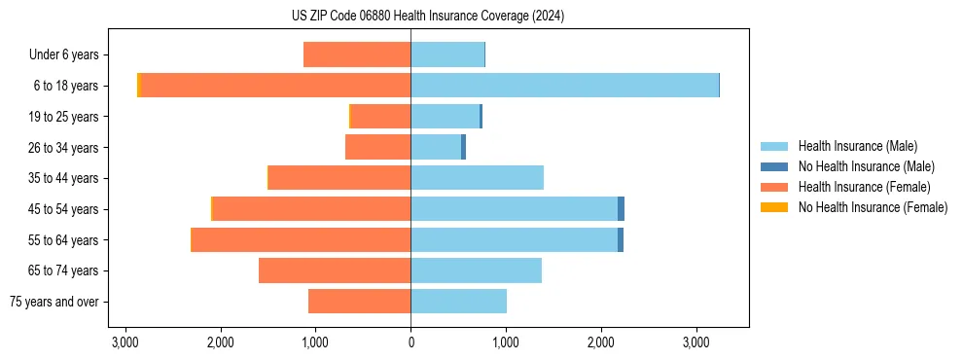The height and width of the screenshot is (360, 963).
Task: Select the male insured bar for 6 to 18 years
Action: [564, 86]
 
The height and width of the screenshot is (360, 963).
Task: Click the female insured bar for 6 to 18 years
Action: [276, 86]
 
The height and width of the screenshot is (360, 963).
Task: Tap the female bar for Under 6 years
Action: [357, 54]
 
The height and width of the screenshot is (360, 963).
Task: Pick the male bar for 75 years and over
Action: [458, 302]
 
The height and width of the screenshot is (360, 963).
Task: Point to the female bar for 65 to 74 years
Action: [335, 270]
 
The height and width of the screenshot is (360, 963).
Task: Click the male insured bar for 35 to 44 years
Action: [477, 178]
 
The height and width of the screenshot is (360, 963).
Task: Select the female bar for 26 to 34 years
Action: [377, 147]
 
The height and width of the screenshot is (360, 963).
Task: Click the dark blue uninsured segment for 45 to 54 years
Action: [621, 209]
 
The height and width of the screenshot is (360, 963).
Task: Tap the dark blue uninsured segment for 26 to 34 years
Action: [463, 147]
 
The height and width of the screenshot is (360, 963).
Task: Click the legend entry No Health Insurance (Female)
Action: [873, 207]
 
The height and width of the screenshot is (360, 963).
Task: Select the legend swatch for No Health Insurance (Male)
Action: [774, 166]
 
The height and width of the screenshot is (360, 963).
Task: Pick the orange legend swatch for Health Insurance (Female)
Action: [774, 187]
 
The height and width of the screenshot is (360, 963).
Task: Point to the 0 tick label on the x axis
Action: [410, 342]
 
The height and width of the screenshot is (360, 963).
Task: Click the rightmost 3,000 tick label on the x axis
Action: [696, 342]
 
